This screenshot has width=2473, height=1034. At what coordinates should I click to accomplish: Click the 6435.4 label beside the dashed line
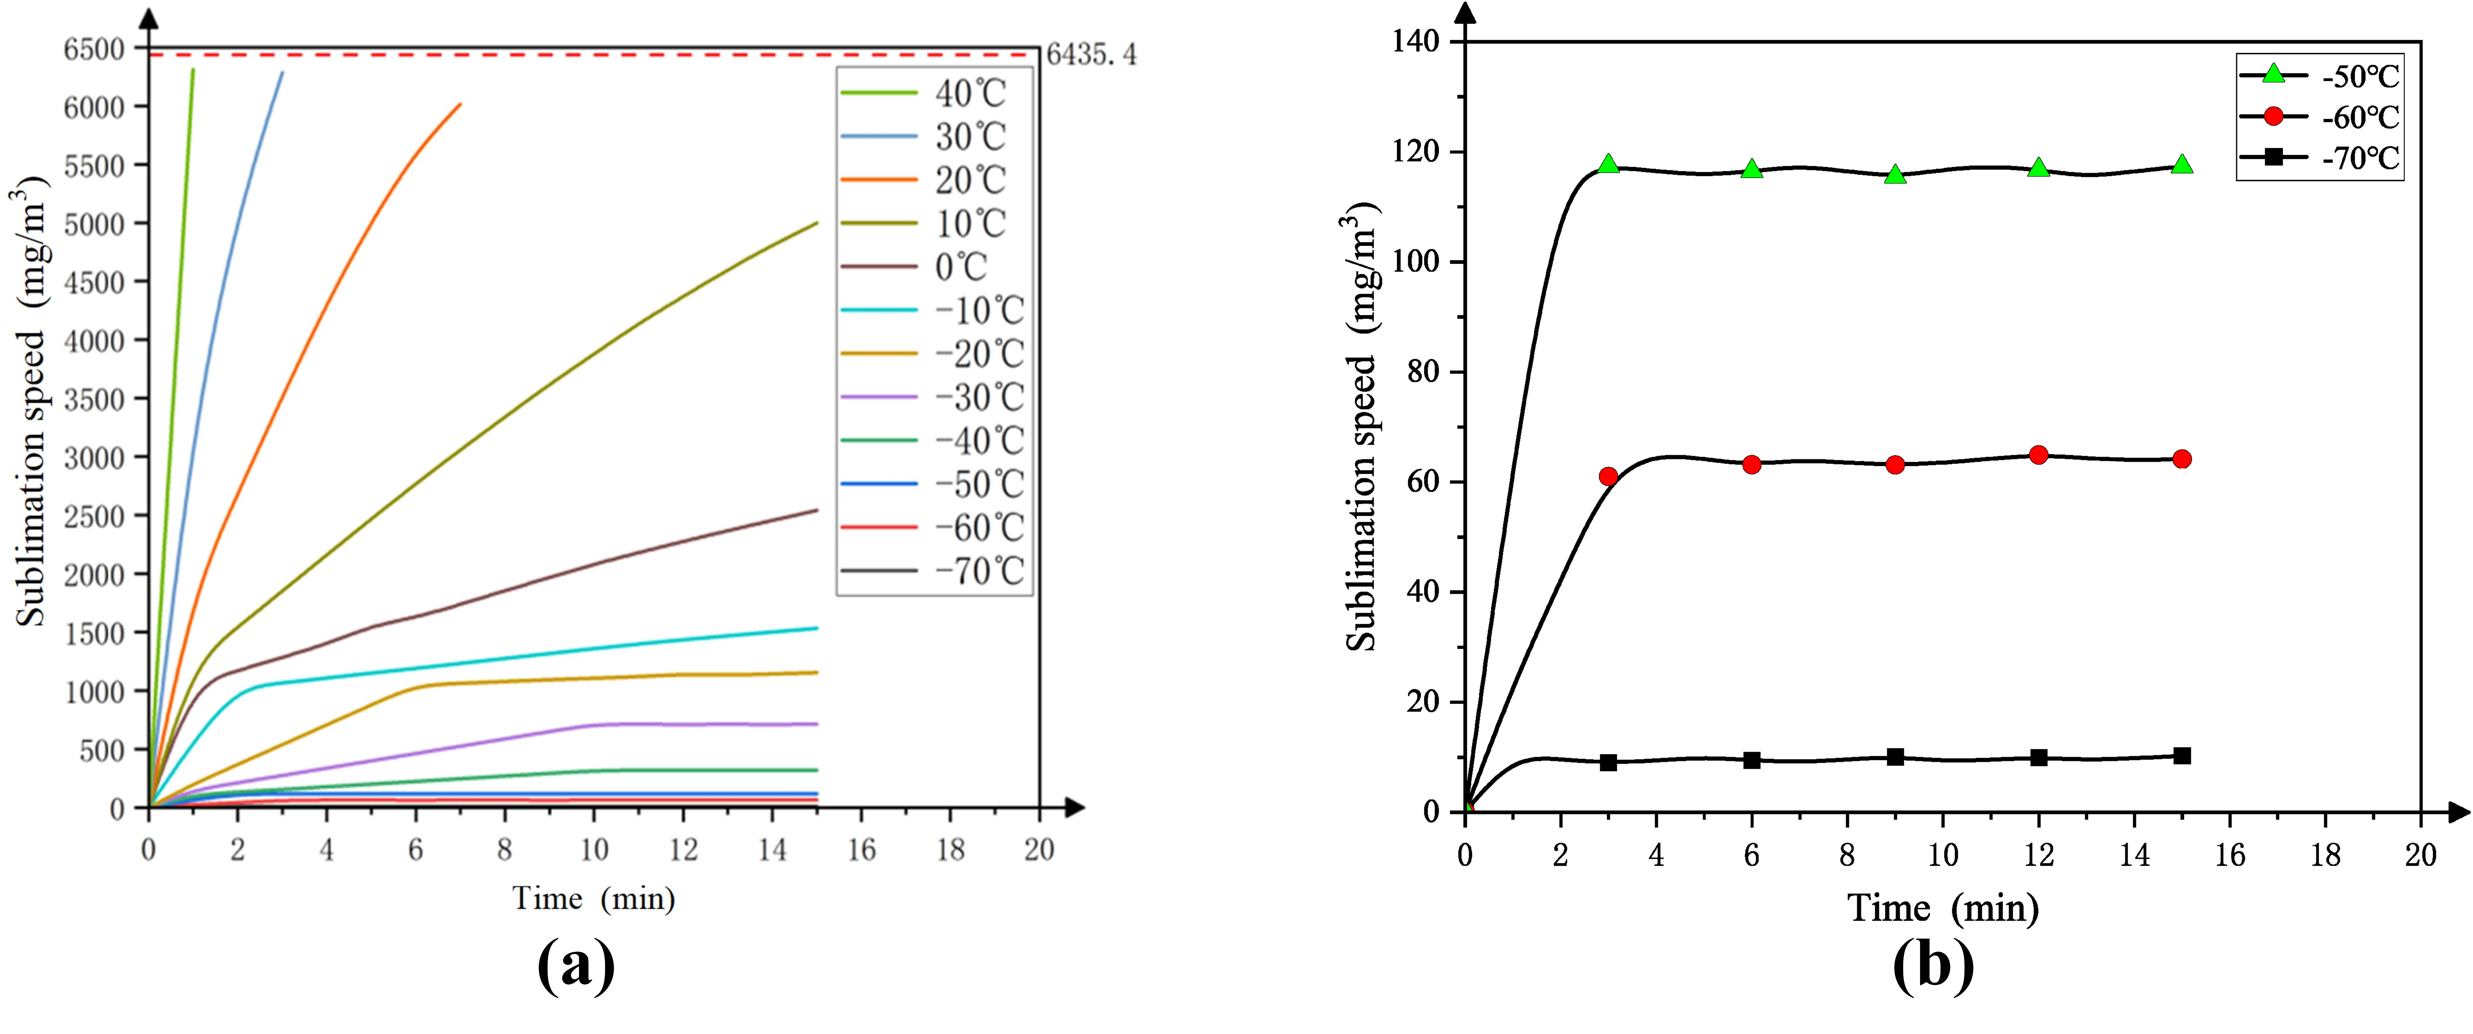[x=1090, y=55]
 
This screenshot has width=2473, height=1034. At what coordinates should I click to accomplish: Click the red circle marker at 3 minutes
[x=1608, y=476]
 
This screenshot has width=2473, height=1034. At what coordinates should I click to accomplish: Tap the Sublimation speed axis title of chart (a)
[x=31, y=403]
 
